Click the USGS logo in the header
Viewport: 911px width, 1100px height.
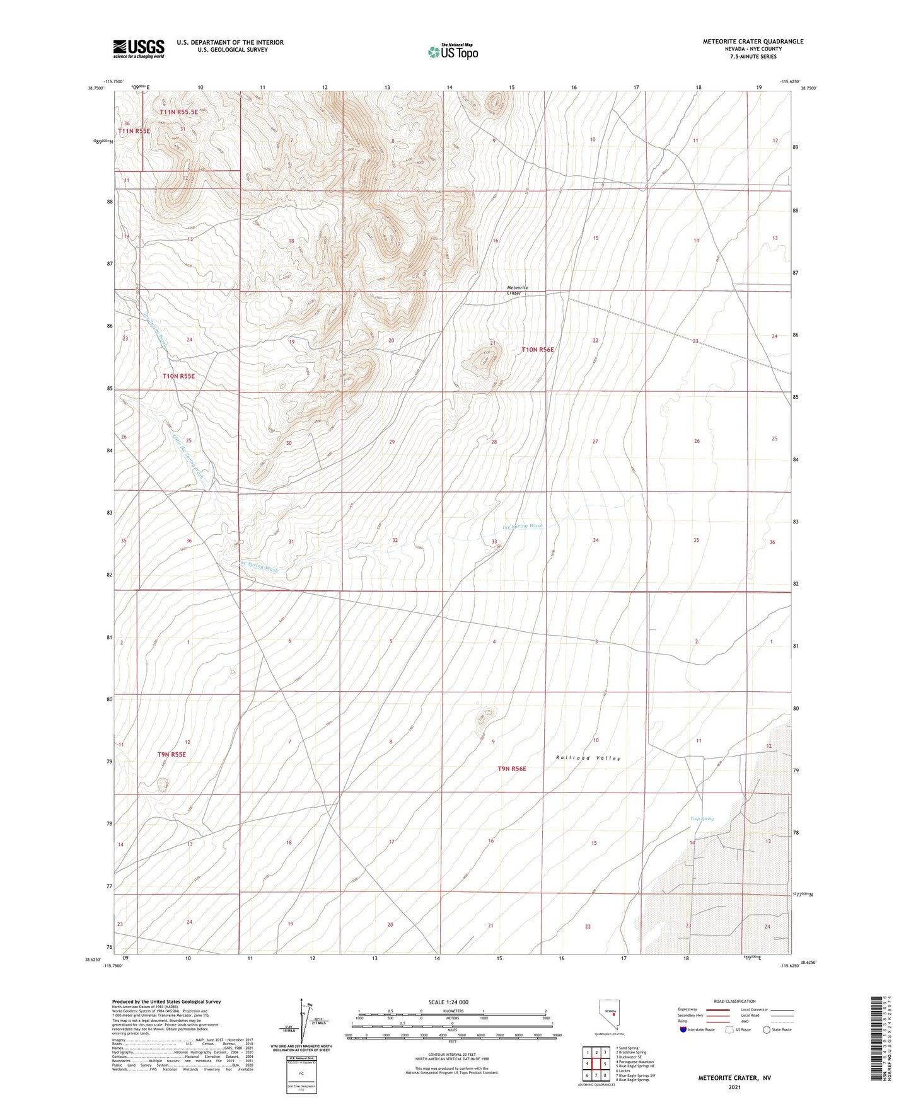click(x=139, y=49)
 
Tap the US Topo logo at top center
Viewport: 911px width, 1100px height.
click(x=452, y=51)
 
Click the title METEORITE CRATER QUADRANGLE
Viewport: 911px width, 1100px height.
click(x=753, y=42)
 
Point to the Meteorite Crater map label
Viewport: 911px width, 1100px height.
click(x=517, y=290)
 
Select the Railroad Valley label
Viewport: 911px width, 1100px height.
click(x=588, y=758)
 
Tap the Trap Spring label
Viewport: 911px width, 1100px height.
click(x=702, y=819)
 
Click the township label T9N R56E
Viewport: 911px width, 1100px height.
click(x=511, y=769)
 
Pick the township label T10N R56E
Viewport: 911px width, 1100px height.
click(x=537, y=349)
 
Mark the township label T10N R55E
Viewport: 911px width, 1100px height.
click(x=178, y=376)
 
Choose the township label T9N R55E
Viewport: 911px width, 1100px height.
click(x=171, y=754)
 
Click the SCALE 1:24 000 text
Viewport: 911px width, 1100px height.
click(x=448, y=1002)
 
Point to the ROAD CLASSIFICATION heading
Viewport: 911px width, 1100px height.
click(x=734, y=1001)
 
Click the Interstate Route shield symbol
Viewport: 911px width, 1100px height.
click(x=683, y=1029)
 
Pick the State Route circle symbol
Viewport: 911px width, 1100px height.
click(x=767, y=1029)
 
